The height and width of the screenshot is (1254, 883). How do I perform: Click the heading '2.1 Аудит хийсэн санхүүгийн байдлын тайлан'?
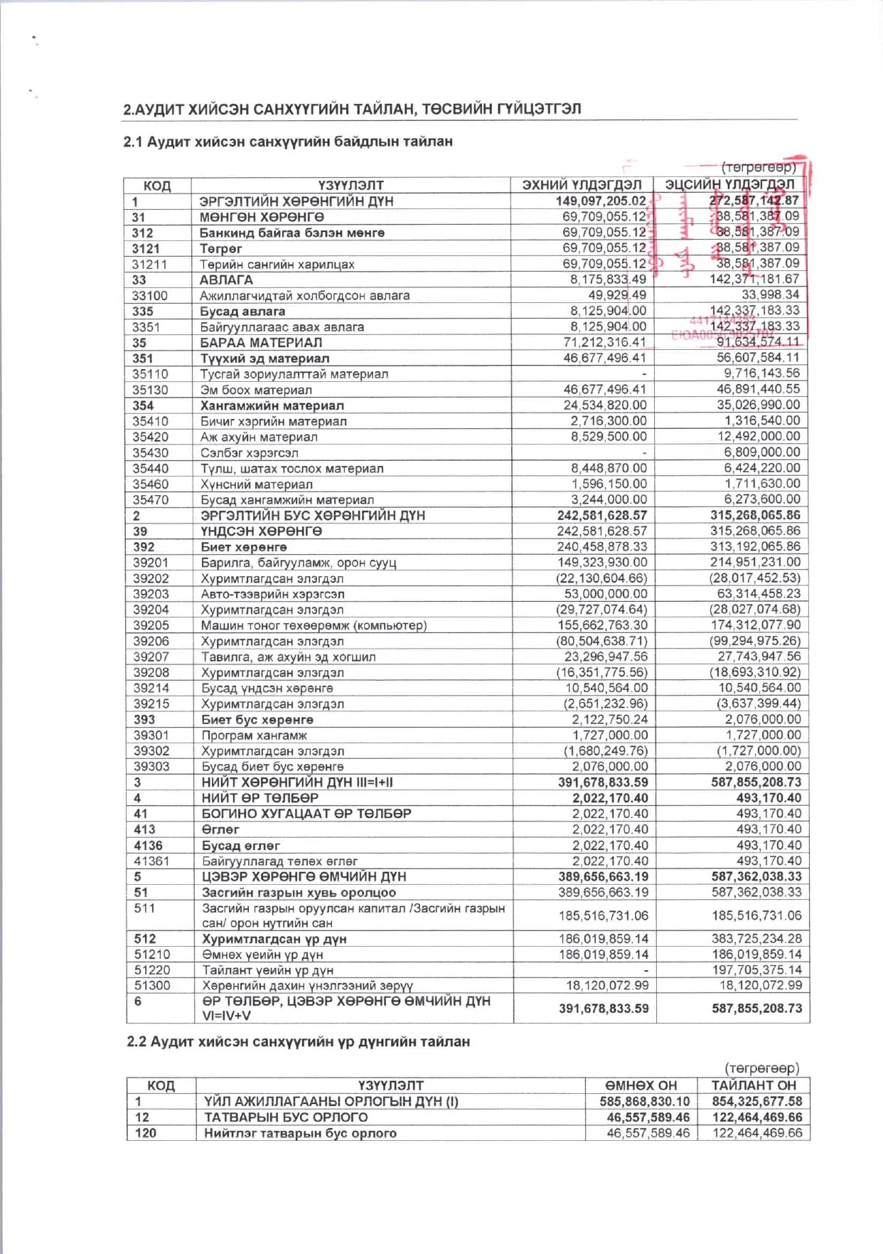click(x=288, y=142)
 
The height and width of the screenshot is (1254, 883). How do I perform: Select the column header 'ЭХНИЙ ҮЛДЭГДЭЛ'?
click(x=582, y=185)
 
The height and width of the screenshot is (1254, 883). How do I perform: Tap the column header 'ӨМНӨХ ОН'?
click(x=641, y=1085)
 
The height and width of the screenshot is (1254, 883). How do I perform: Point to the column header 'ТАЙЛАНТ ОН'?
click(x=754, y=1085)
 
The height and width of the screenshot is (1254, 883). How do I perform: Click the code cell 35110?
click(x=150, y=374)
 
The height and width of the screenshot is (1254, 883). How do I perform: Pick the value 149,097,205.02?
click(x=601, y=201)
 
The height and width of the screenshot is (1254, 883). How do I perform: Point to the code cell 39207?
click(x=151, y=657)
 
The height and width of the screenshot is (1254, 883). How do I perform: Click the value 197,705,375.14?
click(x=756, y=969)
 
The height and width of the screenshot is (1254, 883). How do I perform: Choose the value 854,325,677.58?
click(x=756, y=1101)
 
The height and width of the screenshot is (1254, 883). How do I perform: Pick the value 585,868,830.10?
click(x=644, y=1101)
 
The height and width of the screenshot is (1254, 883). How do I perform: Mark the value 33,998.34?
click(x=771, y=294)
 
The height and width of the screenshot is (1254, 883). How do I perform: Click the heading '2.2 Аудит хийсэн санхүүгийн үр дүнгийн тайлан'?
click(x=298, y=1041)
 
